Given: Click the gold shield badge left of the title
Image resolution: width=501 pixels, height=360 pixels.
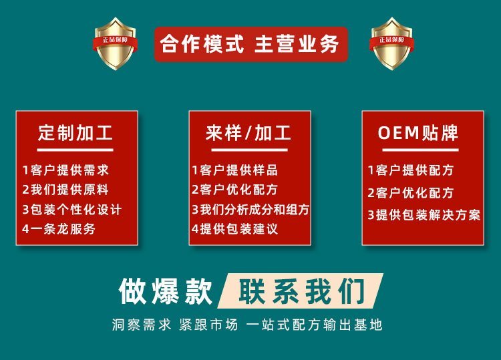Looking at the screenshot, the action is click(x=116, y=43).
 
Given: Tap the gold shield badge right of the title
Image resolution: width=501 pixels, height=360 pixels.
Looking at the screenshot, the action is click(x=391, y=43).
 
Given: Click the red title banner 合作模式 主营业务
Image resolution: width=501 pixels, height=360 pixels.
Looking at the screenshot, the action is click(x=251, y=44).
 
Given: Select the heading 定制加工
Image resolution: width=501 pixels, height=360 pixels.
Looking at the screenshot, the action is click(x=75, y=133).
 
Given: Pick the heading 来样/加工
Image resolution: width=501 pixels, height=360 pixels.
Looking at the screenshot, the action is click(x=248, y=133).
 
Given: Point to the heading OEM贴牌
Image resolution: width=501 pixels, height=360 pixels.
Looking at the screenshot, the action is click(x=418, y=133).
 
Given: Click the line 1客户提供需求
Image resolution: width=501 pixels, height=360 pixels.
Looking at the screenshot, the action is click(x=65, y=170).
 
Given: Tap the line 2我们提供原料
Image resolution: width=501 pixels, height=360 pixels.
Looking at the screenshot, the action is click(x=65, y=190).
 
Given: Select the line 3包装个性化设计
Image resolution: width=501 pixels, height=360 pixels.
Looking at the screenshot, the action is click(x=72, y=210).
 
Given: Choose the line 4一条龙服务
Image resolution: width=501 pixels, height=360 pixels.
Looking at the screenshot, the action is click(x=59, y=228).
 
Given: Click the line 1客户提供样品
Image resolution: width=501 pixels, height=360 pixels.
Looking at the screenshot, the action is click(x=235, y=170).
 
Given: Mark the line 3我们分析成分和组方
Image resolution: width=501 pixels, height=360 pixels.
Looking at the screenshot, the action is click(x=251, y=210).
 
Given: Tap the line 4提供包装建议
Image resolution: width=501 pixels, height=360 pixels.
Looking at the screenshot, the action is click(x=235, y=228).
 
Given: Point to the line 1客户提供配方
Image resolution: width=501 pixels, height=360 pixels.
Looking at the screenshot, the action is click(x=411, y=170).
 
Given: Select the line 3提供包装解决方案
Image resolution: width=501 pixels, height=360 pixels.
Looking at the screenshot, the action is click(x=424, y=214).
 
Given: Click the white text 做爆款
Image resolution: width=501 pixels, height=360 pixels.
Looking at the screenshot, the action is click(x=166, y=291).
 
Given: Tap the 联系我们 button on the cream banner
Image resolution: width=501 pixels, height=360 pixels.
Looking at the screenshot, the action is click(x=301, y=291).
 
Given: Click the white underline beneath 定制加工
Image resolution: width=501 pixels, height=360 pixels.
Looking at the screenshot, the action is click(x=75, y=150).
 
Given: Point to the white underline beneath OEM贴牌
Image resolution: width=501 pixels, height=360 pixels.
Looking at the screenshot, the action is click(x=420, y=150).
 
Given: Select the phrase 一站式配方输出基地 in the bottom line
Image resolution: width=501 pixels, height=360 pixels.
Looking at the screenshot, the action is click(x=314, y=325).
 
